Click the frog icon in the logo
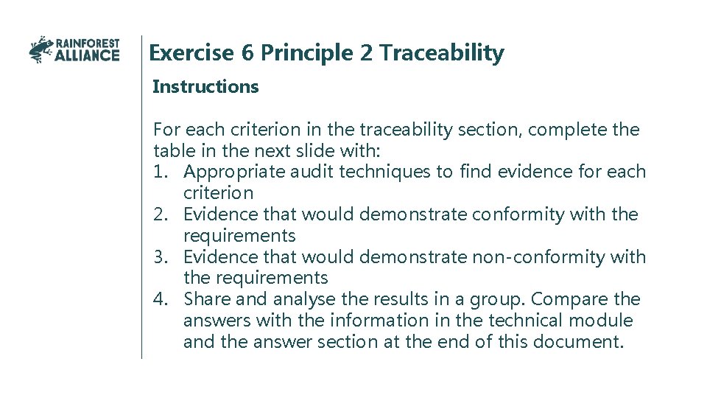click(x=41, y=49)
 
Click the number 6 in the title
click(x=247, y=53)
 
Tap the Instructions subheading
click(x=205, y=87)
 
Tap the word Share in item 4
click(x=206, y=299)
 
